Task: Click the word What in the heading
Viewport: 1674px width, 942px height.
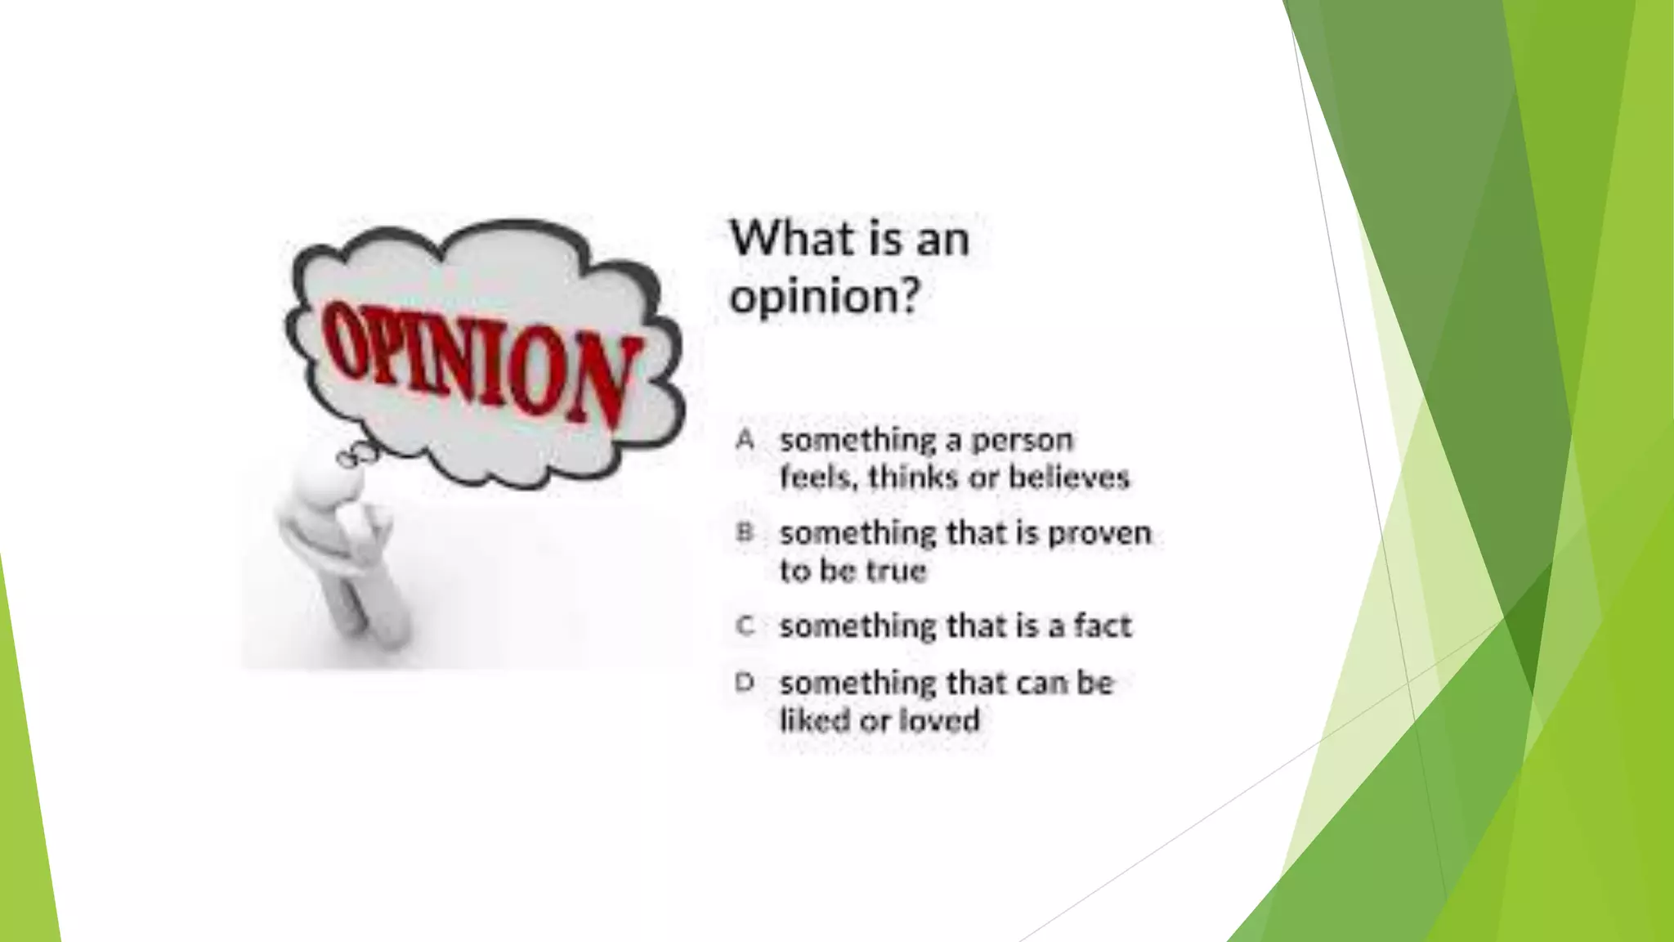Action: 786,239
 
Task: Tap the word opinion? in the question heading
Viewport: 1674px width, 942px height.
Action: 825,296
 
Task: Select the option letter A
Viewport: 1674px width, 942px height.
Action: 744,440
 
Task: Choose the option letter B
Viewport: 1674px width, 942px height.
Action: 744,533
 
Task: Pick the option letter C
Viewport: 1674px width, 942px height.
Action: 744,626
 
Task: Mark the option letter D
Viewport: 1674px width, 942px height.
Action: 744,682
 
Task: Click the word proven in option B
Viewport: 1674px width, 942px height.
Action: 1099,534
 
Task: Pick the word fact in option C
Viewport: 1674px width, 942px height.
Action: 1103,626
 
